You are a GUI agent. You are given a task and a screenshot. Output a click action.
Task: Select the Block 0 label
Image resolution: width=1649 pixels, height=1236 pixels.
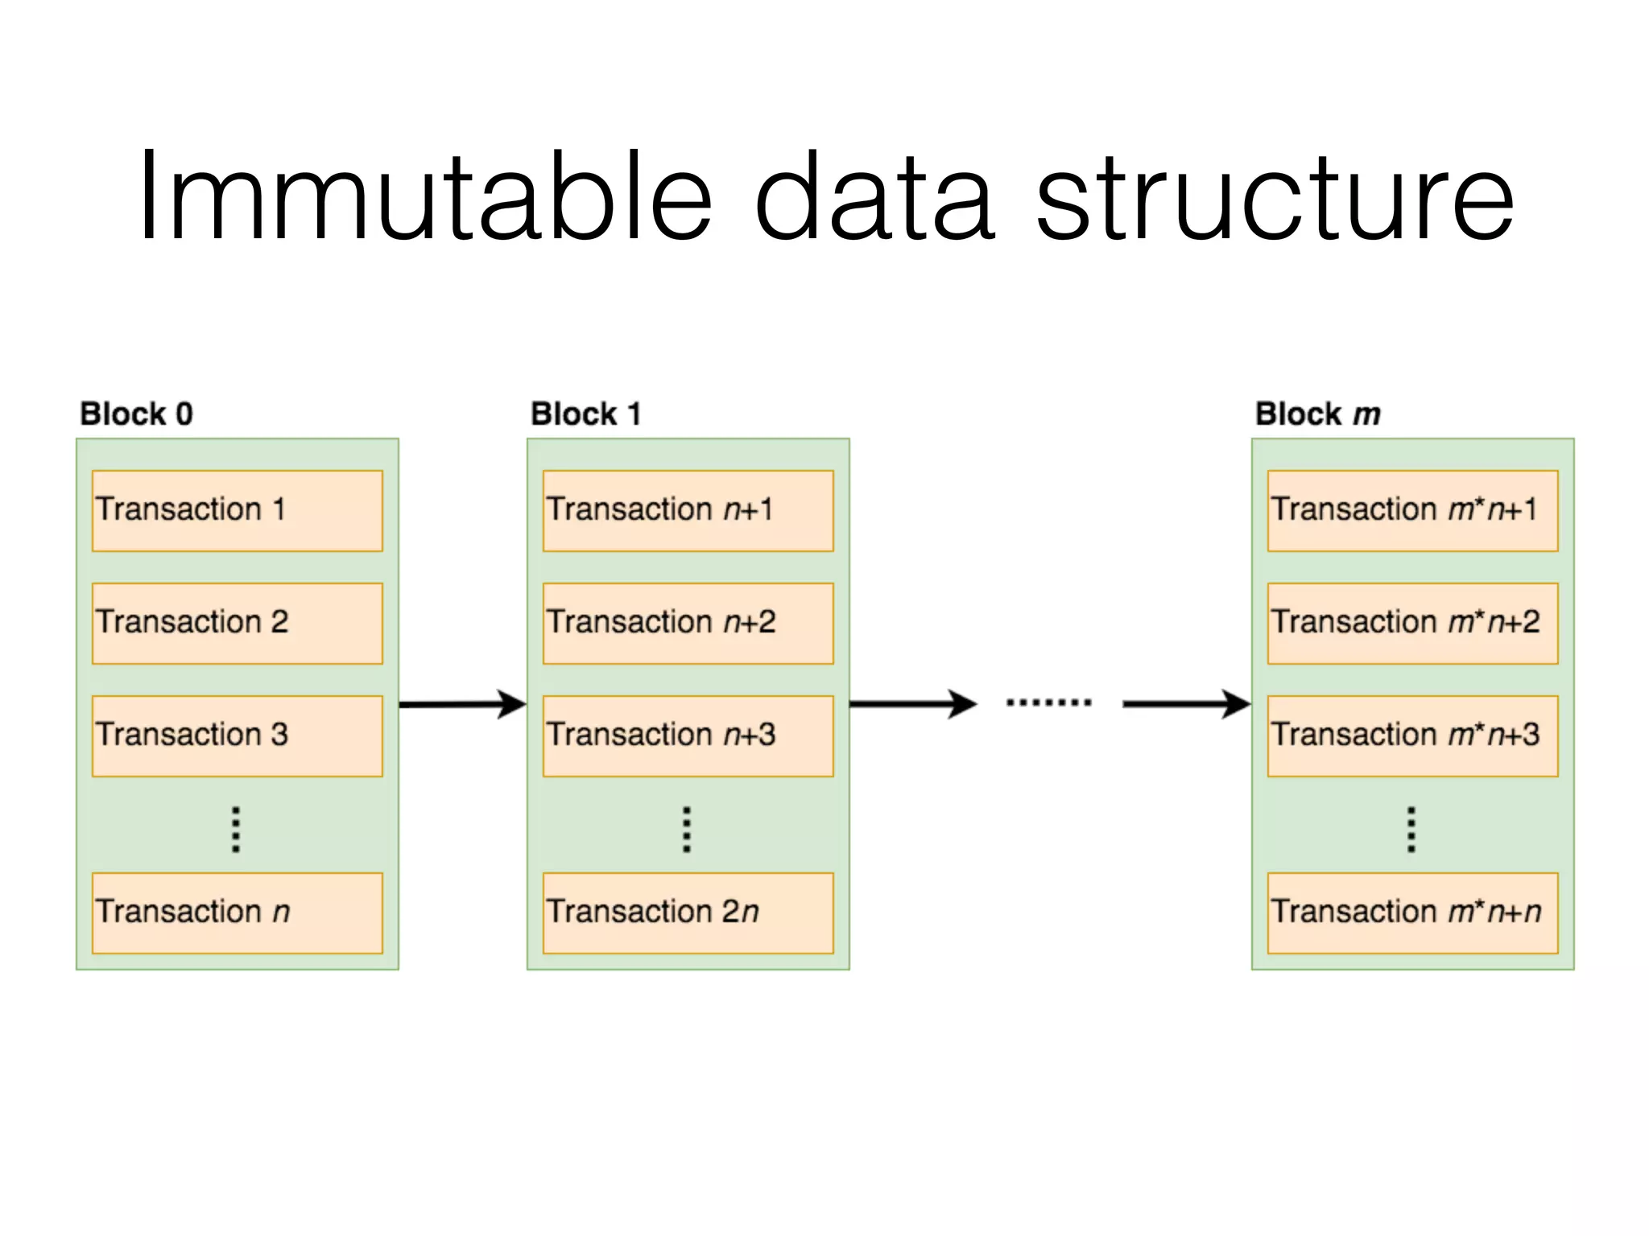[x=136, y=414]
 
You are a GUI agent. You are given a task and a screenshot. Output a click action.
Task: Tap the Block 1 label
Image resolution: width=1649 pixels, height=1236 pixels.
[x=585, y=414]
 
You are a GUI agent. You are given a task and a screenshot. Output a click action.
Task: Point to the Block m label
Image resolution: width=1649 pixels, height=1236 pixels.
[x=1317, y=414]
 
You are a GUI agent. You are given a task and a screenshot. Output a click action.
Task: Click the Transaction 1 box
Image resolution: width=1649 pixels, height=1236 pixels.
[x=237, y=510]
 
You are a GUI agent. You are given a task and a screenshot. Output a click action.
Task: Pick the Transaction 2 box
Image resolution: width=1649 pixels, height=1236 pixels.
[x=237, y=623]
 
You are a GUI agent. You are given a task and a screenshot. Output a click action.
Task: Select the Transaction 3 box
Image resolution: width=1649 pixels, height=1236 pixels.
[x=237, y=735]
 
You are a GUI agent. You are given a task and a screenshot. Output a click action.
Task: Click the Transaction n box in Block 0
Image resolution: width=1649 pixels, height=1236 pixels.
[x=237, y=913]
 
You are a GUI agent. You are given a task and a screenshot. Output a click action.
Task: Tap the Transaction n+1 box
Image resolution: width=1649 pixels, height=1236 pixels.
[x=688, y=510]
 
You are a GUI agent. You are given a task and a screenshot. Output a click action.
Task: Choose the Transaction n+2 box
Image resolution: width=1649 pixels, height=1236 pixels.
[x=688, y=623]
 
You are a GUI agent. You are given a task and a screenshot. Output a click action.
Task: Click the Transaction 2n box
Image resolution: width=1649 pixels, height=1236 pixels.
[x=688, y=913]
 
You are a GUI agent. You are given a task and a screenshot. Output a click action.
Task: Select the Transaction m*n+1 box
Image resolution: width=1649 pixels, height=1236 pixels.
[x=1412, y=510]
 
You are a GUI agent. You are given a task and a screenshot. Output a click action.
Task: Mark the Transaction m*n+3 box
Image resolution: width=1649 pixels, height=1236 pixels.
[x=1412, y=735]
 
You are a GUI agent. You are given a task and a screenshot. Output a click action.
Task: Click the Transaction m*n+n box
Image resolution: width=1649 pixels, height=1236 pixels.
[x=1412, y=913]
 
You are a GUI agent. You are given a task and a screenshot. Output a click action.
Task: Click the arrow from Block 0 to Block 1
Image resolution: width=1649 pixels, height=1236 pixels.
[x=462, y=704]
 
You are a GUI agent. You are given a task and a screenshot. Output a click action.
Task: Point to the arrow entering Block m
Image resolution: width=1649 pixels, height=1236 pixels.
[x=1186, y=704]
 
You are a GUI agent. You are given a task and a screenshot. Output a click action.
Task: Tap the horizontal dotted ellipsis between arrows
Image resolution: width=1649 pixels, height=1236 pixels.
[x=1048, y=702]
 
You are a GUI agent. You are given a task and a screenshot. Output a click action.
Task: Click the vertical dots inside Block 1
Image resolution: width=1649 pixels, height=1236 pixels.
[x=686, y=829]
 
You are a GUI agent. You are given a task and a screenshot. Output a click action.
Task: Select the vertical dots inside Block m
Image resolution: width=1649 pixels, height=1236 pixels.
[x=1411, y=829]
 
